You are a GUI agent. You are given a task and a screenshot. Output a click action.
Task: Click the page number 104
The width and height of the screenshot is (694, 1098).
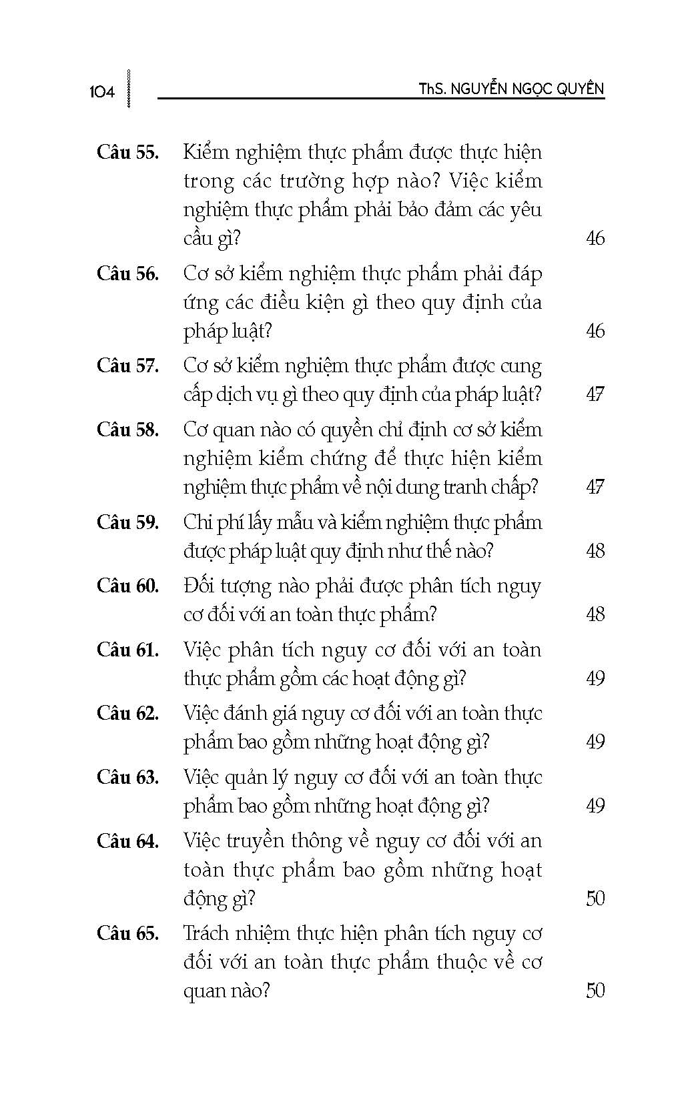point(101,92)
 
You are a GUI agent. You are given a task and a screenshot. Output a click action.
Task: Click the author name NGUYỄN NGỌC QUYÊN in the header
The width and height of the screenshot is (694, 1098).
point(527,89)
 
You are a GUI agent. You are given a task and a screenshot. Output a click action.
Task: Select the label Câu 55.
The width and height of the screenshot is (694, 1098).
point(127,152)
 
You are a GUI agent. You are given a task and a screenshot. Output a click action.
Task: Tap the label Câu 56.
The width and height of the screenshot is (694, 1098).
point(127,273)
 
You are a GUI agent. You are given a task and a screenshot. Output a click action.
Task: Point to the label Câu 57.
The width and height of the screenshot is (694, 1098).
point(127,366)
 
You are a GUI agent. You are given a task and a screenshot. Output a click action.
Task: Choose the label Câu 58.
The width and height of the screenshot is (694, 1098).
point(127,430)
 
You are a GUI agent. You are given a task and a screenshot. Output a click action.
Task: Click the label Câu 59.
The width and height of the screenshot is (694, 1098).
point(127,522)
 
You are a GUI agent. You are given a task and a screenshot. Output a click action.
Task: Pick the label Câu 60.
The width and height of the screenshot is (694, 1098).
point(127,586)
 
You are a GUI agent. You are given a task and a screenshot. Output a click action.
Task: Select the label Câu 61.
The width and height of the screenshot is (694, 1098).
point(127,650)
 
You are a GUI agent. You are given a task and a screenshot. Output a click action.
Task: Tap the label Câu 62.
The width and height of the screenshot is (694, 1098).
point(127,713)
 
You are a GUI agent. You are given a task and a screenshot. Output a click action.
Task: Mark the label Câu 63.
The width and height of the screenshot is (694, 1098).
point(127,777)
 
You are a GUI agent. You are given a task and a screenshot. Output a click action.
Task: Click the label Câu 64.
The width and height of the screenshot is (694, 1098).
point(127,841)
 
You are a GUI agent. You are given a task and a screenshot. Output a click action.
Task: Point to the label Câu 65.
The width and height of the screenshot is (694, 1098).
point(127,933)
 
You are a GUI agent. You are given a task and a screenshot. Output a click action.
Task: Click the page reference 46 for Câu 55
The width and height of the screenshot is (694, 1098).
point(595,238)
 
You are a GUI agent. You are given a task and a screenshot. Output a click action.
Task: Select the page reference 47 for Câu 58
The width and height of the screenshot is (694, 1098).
point(595,487)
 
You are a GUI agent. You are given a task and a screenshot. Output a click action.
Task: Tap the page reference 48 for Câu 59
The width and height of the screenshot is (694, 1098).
point(595,551)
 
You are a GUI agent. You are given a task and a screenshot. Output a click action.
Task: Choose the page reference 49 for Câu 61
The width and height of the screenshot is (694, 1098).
point(595,678)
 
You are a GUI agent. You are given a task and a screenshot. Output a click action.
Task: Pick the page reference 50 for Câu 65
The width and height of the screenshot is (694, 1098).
point(595,991)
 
